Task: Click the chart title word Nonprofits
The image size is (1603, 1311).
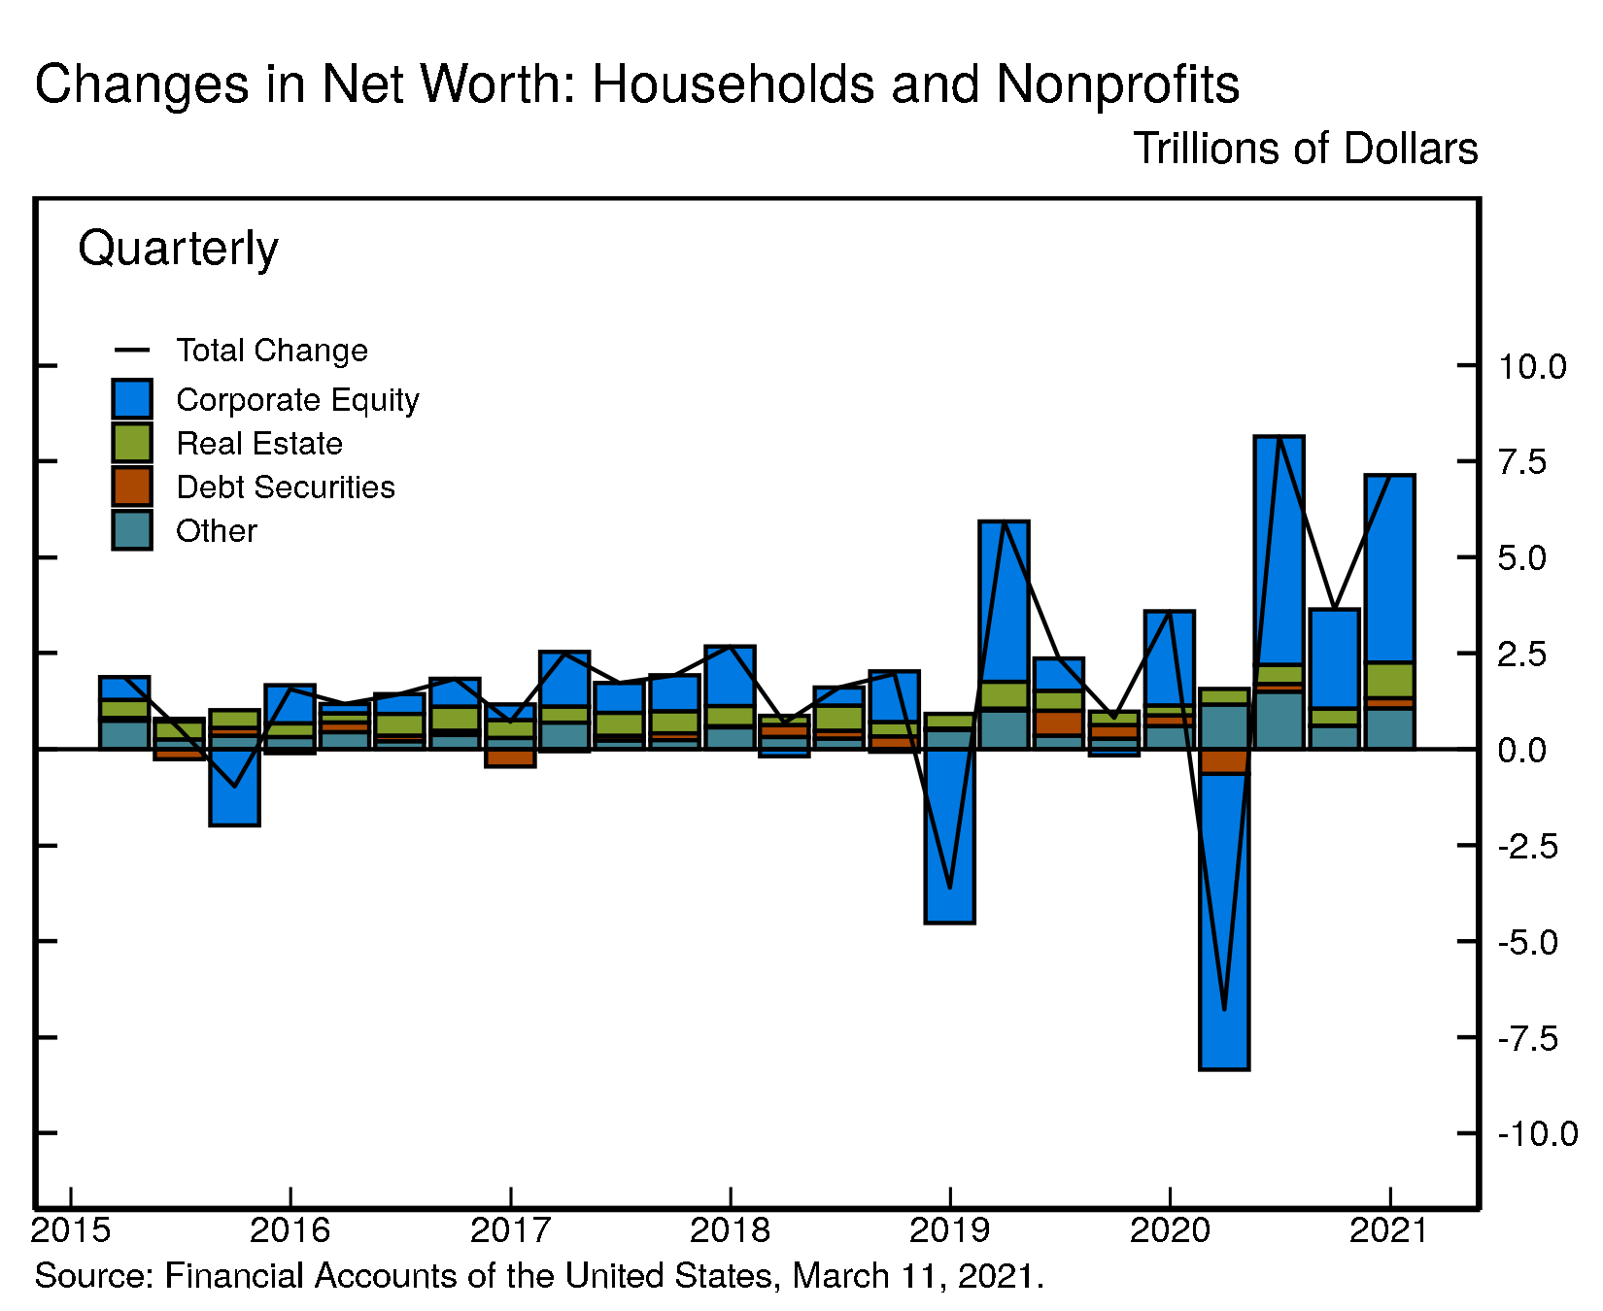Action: (x=1117, y=84)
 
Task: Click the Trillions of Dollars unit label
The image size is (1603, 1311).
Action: (x=1305, y=149)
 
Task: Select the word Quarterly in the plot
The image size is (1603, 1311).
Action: (x=178, y=249)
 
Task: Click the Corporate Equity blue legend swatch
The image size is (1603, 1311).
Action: (x=132, y=399)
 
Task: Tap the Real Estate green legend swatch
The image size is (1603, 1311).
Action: (x=132, y=443)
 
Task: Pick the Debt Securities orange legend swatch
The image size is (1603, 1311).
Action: (x=132, y=487)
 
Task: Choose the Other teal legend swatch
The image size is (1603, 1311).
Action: (x=132, y=530)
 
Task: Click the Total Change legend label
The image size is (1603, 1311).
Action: (x=272, y=351)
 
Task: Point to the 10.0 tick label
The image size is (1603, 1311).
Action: (x=1532, y=367)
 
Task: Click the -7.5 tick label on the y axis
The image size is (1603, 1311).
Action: (x=1528, y=1038)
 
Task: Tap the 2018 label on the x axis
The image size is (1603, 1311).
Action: (x=730, y=1230)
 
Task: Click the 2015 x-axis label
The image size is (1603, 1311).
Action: (x=71, y=1230)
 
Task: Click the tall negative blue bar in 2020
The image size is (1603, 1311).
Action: (x=1224, y=923)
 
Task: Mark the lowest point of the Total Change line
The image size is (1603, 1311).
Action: (x=1224, y=1010)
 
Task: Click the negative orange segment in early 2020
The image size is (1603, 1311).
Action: (x=1224, y=761)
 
